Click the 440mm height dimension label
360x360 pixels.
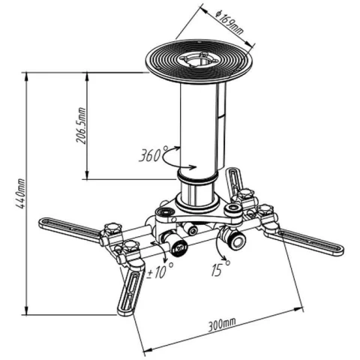pyautogui.click(x=19, y=193)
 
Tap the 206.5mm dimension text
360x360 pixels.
pyautogui.click(x=81, y=126)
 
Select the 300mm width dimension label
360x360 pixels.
pyautogui.click(x=222, y=325)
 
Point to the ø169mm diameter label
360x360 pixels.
pyautogui.click(x=229, y=22)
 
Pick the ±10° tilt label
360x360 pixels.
pyautogui.click(x=160, y=271)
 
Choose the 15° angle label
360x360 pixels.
pyautogui.click(x=220, y=268)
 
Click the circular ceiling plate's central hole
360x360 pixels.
pyautogui.click(x=199, y=59)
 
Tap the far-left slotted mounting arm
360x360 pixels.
pyautogui.click(x=70, y=230)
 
